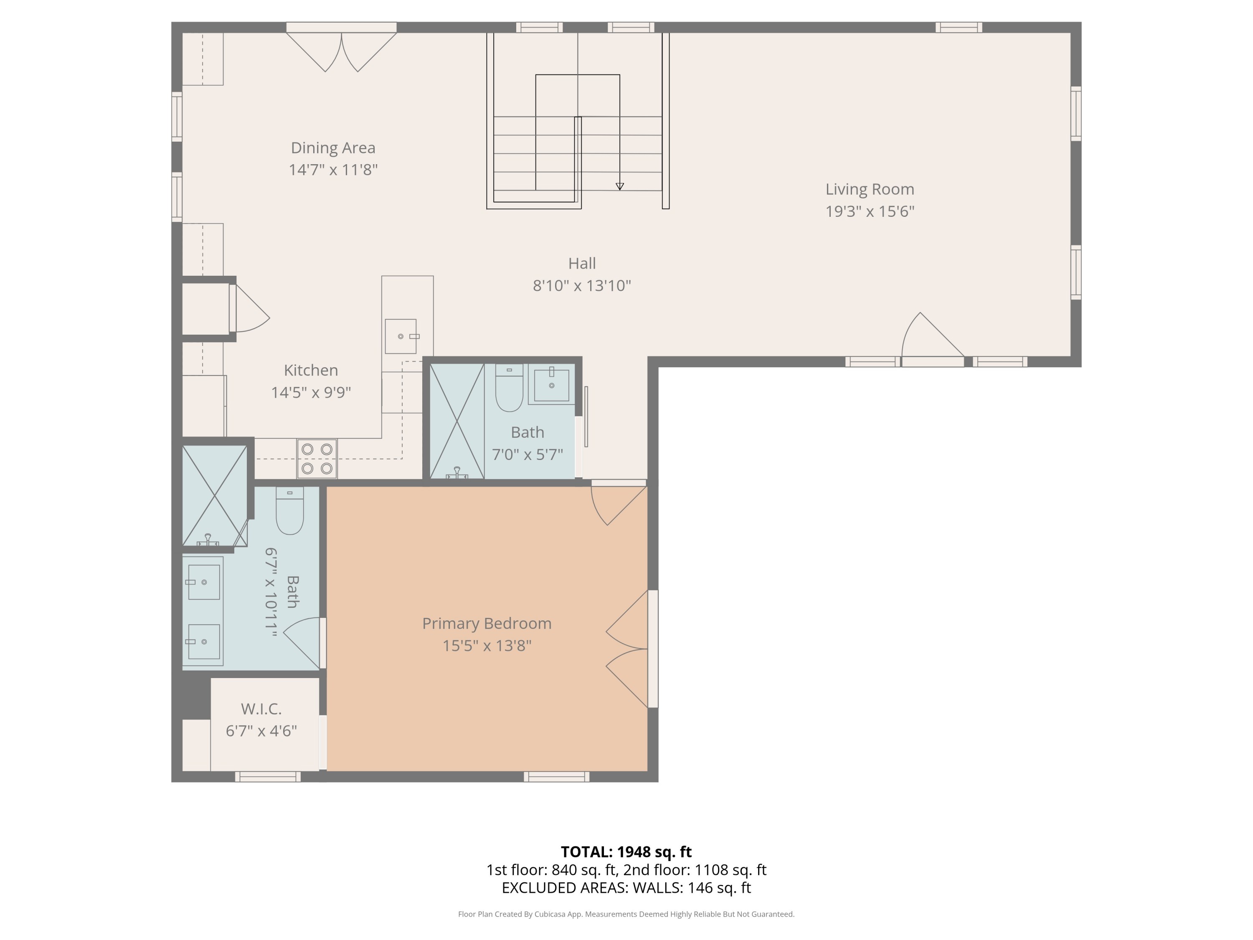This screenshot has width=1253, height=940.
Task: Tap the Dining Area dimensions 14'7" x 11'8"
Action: coord(333,170)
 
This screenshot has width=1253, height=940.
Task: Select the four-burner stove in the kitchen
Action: coord(317,458)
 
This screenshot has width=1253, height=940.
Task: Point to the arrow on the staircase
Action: coord(620,186)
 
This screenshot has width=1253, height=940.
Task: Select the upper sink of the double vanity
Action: coord(203,582)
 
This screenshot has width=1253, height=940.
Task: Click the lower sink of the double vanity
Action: coord(203,641)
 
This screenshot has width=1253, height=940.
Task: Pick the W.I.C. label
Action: coord(261,709)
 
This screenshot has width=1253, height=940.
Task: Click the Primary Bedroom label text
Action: coord(487,623)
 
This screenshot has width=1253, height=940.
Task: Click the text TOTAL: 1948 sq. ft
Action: coord(626,851)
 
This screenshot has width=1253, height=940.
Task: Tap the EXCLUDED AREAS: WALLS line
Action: coord(626,887)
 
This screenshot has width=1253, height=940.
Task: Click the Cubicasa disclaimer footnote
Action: coord(626,914)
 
